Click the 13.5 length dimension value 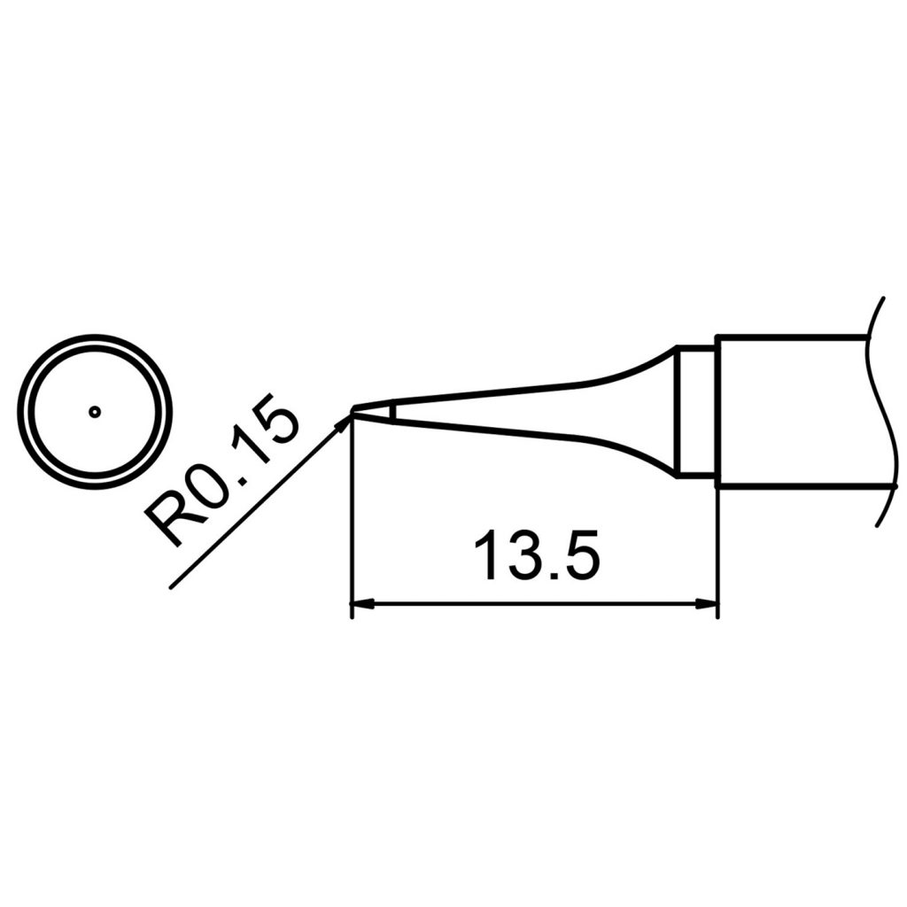pyautogui.click(x=536, y=556)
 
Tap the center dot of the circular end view pyautogui.click(x=96, y=411)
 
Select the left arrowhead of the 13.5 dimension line pyautogui.click(x=361, y=605)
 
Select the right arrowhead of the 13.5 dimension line pyautogui.click(x=707, y=605)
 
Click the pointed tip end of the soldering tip pyautogui.click(x=354, y=411)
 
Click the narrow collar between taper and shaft pyautogui.click(x=695, y=412)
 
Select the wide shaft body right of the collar pyautogui.click(x=788, y=412)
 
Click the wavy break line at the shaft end pyautogui.click(x=877, y=412)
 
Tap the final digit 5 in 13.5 pyautogui.click(x=580, y=556)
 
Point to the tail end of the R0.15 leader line pyautogui.click(x=170, y=587)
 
